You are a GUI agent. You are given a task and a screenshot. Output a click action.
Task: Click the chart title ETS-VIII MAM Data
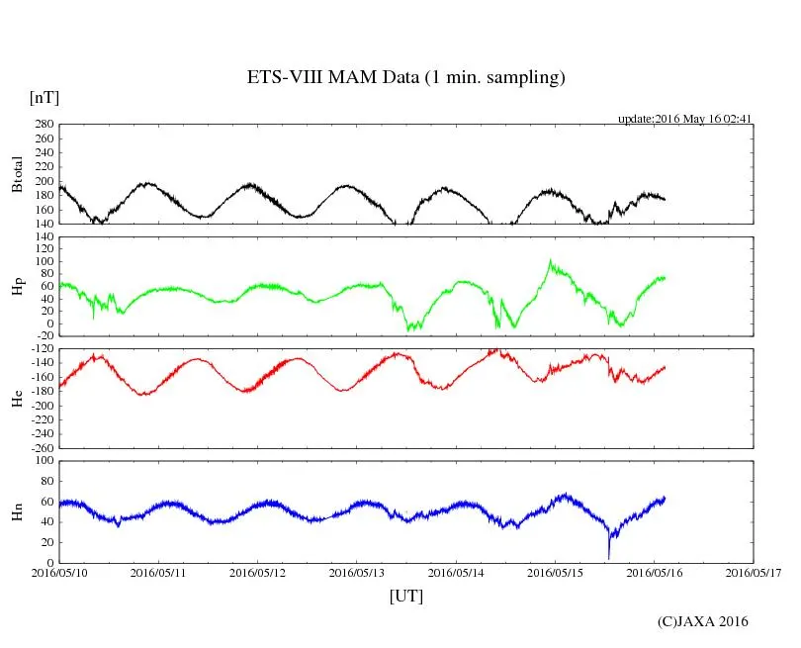pyautogui.click(x=405, y=78)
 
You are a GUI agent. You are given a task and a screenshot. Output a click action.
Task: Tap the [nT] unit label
pyautogui.click(x=44, y=98)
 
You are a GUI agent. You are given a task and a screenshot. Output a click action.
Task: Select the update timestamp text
pyautogui.click(x=685, y=119)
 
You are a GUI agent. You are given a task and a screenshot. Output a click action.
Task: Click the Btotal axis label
pyautogui.click(x=17, y=175)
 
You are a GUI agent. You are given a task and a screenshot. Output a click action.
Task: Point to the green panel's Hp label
pyautogui.click(x=17, y=287)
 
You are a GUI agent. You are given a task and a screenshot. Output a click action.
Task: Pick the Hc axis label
pyautogui.click(x=17, y=398)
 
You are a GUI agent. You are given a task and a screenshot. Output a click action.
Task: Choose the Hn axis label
pyautogui.click(x=17, y=511)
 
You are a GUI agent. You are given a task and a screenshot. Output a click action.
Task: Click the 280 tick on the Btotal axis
pyautogui.click(x=43, y=125)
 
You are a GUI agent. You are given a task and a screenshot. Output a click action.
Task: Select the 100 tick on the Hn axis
pyautogui.click(x=43, y=460)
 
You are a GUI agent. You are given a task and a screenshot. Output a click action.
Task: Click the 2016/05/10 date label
pyautogui.click(x=59, y=573)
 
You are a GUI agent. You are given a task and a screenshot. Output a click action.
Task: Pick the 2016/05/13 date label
pyautogui.click(x=356, y=573)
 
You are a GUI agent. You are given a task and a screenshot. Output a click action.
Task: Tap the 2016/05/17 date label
pyautogui.click(x=754, y=573)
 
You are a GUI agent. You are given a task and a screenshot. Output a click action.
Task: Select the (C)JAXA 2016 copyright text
pyautogui.click(x=703, y=621)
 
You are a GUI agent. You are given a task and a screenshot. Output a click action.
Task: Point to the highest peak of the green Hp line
pyautogui.click(x=550, y=260)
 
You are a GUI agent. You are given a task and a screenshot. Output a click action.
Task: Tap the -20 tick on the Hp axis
pyautogui.click(x=44, y=337)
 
